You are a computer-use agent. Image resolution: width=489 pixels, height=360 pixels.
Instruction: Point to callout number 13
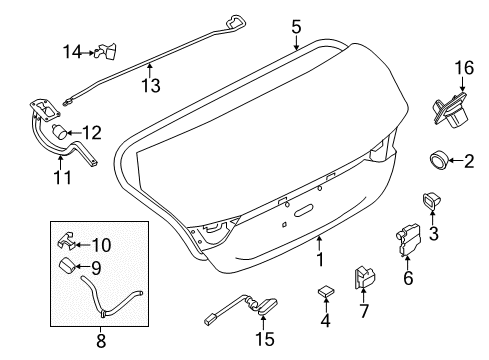click(x=149, y=87)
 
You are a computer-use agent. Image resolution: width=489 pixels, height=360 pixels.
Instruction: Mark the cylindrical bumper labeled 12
click(x=63, y=131)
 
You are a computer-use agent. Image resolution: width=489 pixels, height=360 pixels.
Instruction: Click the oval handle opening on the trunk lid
click(x=303, y=211)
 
